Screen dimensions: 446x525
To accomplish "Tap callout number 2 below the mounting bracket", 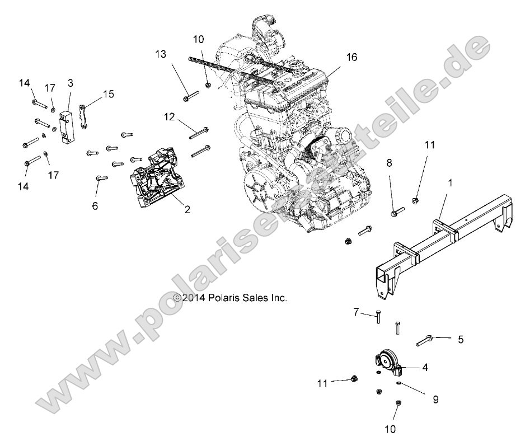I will pos(187,210).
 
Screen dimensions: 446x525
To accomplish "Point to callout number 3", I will pos(70,83).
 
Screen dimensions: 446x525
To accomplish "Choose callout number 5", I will pos(461,339).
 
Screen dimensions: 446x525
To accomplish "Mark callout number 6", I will pos(95,206).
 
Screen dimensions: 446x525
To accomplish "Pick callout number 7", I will pos(356,311).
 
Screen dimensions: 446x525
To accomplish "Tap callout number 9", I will pos(435,400).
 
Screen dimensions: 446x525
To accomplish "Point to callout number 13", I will pos(161,54).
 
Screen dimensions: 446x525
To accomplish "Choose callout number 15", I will pos(108,94).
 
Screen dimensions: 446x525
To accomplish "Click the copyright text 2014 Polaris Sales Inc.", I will pos(231,298).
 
